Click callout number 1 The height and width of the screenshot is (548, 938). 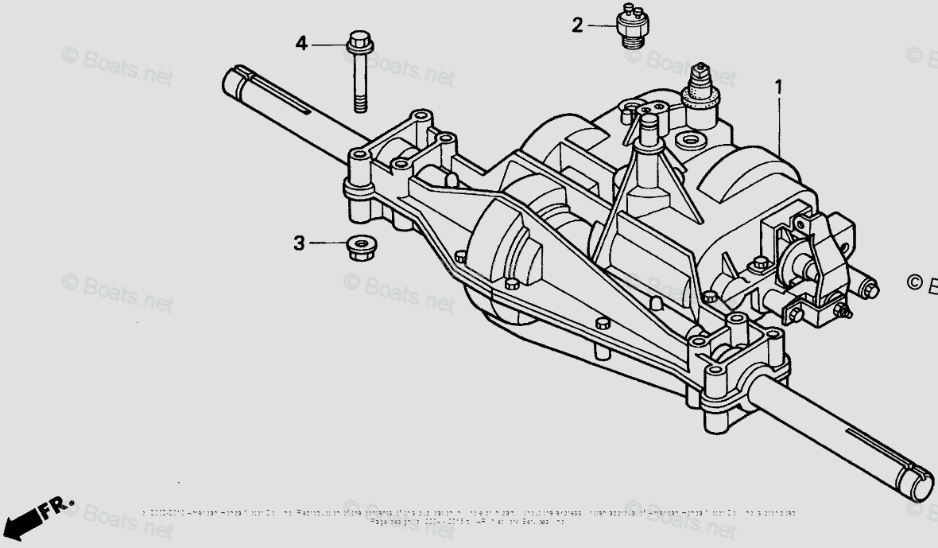pyautogui.click(x=778, y=86)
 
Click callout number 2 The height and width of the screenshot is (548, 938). pyautogui.click(x=577, y=25)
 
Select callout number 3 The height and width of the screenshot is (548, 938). pyautogui.click(x=299, y=243)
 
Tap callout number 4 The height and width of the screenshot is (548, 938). pyautogui.click(x=301, y=44)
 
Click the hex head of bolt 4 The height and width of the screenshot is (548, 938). pyautogui.click(x=358, y=40)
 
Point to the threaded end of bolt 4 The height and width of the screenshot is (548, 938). pyautogui.click(x=360, y=101)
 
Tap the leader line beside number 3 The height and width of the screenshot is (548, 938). pyautogui.click(x=328, y=243)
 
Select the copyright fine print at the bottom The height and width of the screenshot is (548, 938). pyautogui.click(x=469, y=517)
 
